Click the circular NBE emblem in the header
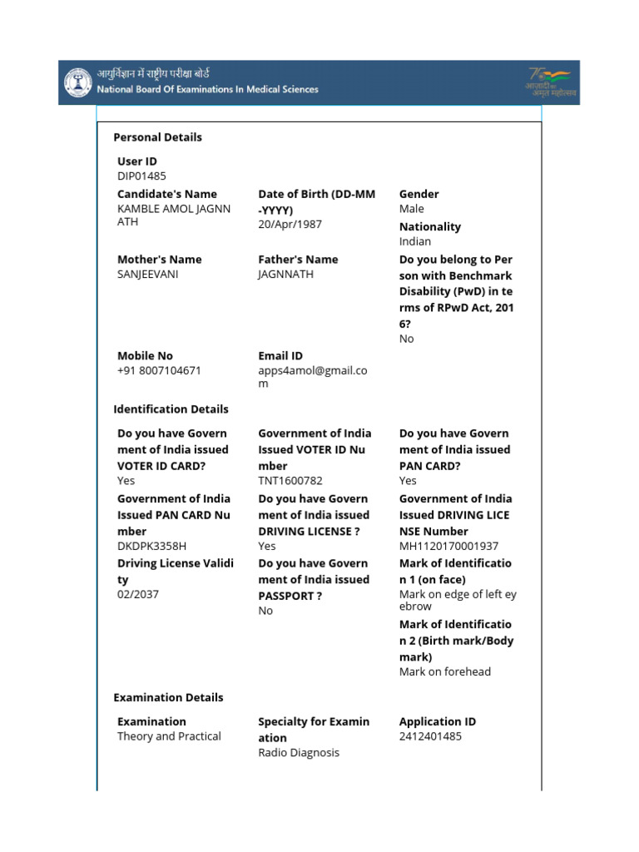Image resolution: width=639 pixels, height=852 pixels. (x=80, y=82)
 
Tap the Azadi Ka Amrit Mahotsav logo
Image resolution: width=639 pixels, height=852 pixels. (x=550, y=82)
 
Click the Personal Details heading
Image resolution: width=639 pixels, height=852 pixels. (x=157, y=137)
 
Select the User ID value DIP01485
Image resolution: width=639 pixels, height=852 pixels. (x=141, y=176)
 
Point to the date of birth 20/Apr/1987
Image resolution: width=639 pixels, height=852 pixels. (x=290, y=224)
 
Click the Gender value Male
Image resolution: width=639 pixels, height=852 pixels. (x=411, y=209)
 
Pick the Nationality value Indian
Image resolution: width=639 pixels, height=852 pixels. (x=414, y=241)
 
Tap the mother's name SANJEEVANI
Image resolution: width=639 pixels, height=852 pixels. (x=148, y=274)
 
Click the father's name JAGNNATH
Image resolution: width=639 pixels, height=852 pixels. (x=285, y=274)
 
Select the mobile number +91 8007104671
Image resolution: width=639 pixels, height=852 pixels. (x=159, y=370)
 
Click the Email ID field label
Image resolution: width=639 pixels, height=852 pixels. (x=280, y=356)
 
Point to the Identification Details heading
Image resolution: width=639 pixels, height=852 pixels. (x=171, y=409)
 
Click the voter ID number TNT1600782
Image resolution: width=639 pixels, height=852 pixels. (x=290, y=481)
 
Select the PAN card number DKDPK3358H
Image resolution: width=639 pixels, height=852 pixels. (x=151, y=546)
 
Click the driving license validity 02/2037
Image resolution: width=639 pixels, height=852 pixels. (x=137, y=594)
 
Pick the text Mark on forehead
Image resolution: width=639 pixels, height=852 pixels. (x=444, y=671)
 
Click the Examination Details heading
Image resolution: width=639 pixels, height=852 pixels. (x=168, y=697)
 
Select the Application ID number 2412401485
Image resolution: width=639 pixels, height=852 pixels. (x=430, y=736)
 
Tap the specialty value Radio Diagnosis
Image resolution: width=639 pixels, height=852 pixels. (x=299, y=753)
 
